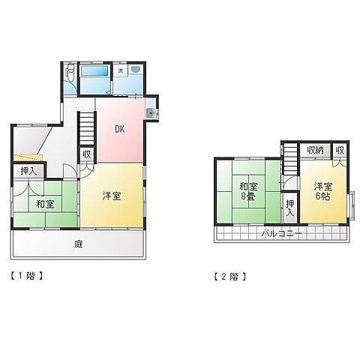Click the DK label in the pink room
coord(120,129)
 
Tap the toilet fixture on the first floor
coord(69,72)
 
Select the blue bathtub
coord(94,70)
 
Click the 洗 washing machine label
coord(121,70)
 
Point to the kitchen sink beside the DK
coord(151,113)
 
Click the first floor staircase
coord(87,129)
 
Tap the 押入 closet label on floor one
coord(28,171)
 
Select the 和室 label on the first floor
coord(45,204)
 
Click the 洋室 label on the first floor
coord(112,196)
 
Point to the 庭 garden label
coord(78,244)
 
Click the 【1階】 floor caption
coord(26,276)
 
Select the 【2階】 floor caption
coord(230,277)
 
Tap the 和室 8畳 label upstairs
coord(248,191)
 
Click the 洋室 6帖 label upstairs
coord(323,191)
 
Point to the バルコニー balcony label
coord(282,234)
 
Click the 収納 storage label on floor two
coord(315,150)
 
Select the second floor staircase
coord(290,159)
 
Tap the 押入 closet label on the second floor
coord(290,208)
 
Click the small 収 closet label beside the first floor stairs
coord(87,154)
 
